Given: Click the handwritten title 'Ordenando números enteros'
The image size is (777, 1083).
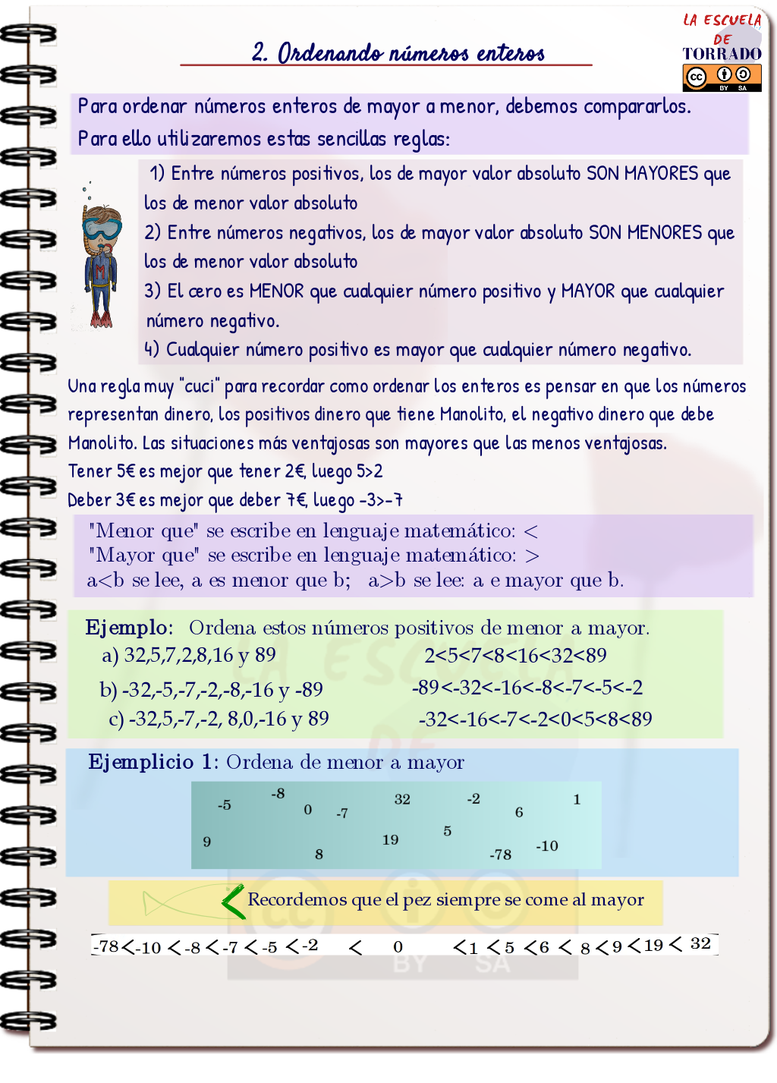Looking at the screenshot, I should [x=398, y=53].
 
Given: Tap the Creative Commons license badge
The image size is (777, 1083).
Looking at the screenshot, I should [x=722, y=77].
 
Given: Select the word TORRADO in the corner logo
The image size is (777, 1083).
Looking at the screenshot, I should [x=722, y=54].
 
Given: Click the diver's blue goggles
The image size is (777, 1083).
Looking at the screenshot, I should [x=102, y=228].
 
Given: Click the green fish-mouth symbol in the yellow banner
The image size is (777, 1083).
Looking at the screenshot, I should [x=232, y=902].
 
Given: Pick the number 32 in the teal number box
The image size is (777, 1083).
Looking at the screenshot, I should [x=402, y=799].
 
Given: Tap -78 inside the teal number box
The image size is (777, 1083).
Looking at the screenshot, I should [x=500, y=855].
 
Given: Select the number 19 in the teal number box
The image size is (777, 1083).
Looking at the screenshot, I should [x=390, y=839].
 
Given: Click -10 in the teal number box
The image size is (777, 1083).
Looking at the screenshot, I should [x=546, y=845].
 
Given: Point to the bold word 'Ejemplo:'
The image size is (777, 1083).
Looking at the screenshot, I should [x=129, y=628].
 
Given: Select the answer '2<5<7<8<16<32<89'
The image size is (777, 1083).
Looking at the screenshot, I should [x=515, y=655].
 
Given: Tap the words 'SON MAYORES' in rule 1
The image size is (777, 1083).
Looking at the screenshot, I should [x=642, y=174].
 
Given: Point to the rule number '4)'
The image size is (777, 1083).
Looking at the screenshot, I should [x=152, y=350].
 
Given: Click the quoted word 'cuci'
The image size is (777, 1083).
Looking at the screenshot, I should [x=200, y=386].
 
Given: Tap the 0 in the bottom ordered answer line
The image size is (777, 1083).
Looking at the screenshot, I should [x=398, y=946].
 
